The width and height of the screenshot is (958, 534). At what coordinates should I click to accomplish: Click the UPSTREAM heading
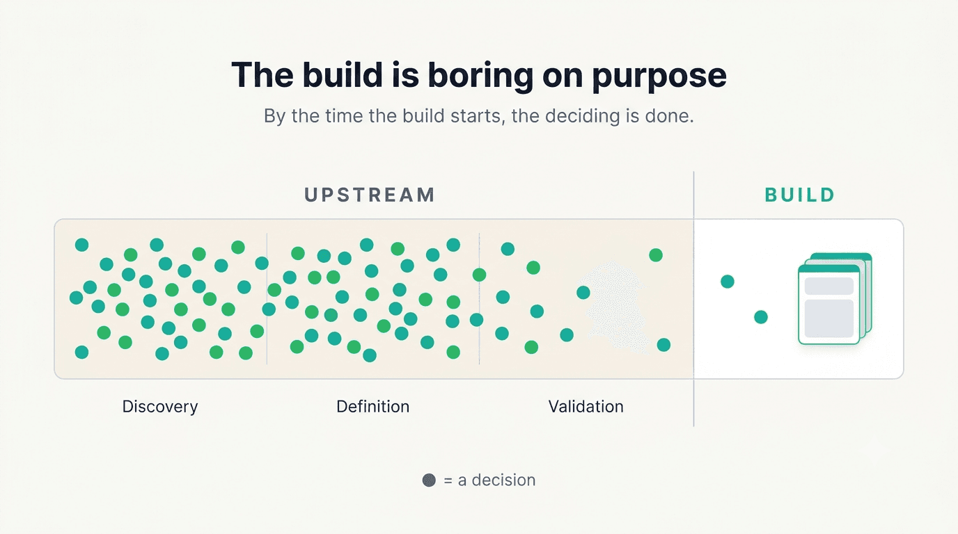coord(370,195)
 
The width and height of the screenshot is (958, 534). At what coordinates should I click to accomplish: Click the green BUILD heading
coord(800,195)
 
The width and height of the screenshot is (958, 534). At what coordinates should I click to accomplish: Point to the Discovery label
coord(160,406)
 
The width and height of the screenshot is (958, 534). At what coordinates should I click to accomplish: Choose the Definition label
coord(373,406)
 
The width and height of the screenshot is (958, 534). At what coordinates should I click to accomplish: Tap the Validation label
coord(586,406)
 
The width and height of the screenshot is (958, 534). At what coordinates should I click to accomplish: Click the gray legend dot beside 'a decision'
coord(429,480)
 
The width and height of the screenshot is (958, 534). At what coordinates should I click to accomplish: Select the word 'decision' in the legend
coord(503,480)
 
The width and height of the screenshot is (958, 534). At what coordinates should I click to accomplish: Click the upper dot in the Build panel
coord(728,282)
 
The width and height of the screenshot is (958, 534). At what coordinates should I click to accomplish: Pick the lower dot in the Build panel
coord(761,317)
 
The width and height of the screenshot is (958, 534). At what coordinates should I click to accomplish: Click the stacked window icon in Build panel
coord(835,298)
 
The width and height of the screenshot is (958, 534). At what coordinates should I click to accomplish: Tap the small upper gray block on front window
coord(829,286)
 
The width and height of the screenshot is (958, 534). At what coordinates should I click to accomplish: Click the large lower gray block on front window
coord(829,318)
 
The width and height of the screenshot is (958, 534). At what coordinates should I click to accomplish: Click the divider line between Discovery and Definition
coord(267,298)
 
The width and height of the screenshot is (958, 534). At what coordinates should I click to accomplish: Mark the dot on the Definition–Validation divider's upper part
coord(479,275)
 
